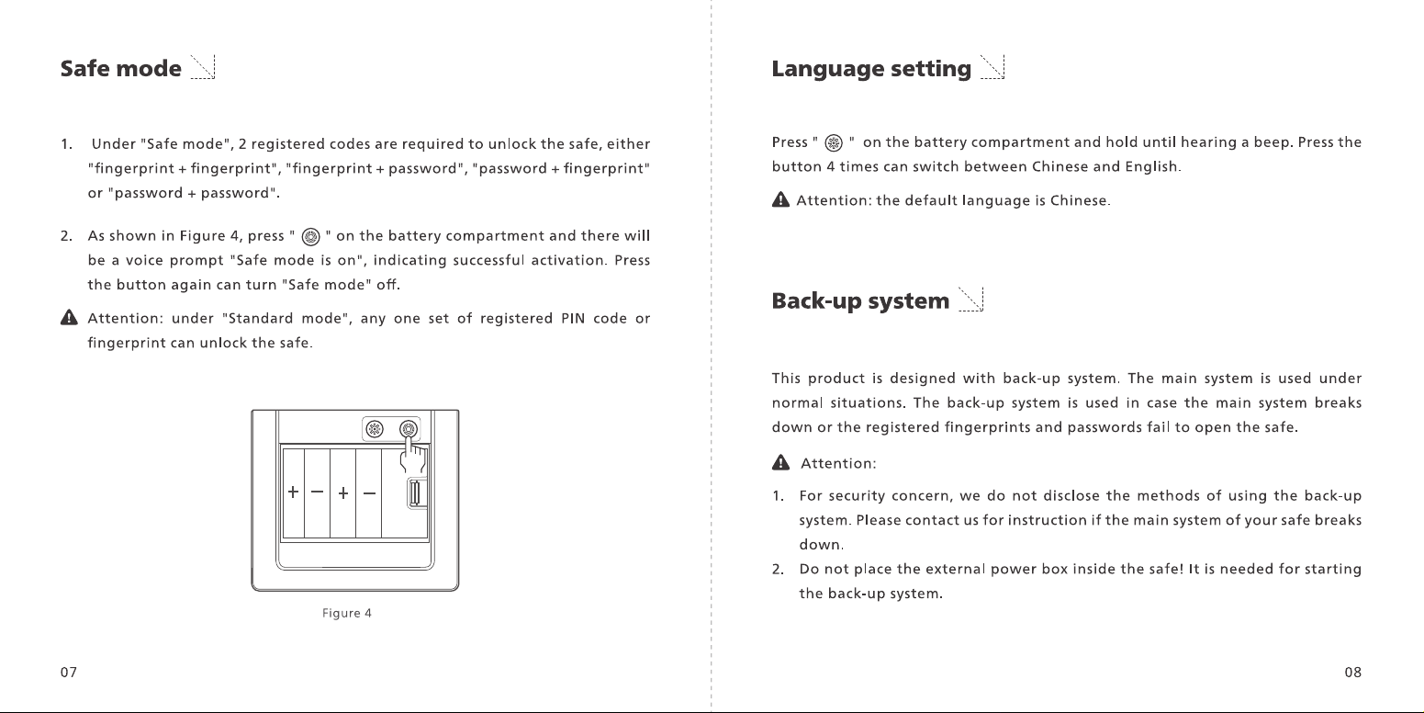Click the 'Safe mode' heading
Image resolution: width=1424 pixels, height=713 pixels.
point(121,68)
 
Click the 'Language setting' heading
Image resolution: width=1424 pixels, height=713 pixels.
point(871,69)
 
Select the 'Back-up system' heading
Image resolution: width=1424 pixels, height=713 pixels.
point(860,300)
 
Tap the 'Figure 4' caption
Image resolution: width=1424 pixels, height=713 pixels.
point(346,613)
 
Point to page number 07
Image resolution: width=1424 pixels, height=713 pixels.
point(69,673)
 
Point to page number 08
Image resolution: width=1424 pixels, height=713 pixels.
point(1352,673)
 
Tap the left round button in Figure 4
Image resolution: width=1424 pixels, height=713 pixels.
point(375,429)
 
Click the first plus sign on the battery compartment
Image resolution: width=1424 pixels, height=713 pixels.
point(293,492)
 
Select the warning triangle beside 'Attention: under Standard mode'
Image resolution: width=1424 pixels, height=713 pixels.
point(69,317)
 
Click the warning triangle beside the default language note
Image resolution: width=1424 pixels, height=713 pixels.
point(780,199)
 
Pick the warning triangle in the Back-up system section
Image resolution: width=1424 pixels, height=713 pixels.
point(780,462)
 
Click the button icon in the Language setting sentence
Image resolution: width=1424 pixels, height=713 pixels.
point(834,143)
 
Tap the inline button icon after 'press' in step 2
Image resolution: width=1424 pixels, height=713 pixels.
point(310,237)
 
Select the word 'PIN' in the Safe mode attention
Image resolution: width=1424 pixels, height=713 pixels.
point(573,318)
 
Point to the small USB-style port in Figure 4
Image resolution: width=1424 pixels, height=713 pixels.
point(416,493)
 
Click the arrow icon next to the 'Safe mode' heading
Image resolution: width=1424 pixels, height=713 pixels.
point(203,67)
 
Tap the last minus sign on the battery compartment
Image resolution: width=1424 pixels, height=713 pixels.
point(369,492)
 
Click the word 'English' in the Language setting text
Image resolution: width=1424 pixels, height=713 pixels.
point(1151,167)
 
